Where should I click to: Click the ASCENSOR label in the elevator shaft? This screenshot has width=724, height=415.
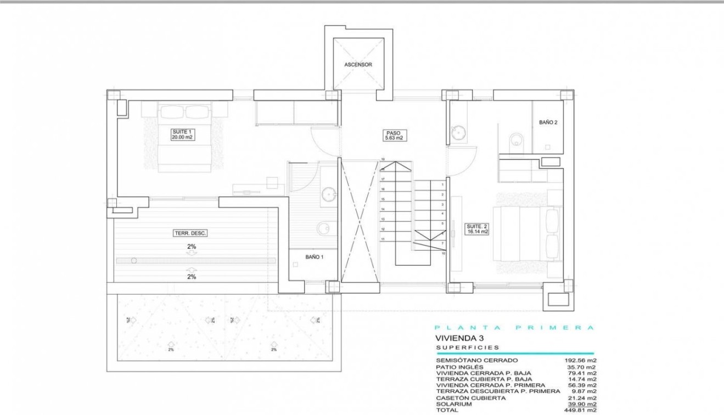tap(358, 65)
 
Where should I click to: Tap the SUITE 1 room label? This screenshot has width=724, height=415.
tap(181, 135)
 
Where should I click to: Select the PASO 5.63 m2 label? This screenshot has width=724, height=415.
tap(393, 136)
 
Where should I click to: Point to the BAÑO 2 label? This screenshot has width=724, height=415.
tap(548, 123)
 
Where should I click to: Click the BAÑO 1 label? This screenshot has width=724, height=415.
tap(315, 256)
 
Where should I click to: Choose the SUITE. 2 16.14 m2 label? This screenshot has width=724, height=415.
tap(477, 229)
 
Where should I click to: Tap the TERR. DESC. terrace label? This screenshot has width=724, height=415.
tap(190, 233)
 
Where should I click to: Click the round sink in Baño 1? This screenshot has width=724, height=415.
tap(329, 193)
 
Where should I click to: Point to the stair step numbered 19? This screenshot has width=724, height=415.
tap(383, 160)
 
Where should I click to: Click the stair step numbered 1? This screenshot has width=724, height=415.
tap(442, 185)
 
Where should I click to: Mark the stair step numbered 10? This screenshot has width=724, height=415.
tap(442, 254)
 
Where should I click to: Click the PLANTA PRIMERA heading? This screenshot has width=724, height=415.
tap(514, 328)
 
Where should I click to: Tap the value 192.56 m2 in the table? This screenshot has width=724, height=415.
tap(580, 361)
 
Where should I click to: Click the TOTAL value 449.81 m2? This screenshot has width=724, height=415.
tap(580, 410)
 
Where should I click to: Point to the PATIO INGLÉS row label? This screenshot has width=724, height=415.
tap(459, 367)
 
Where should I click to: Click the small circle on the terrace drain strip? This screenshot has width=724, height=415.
tap(134, 260)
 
